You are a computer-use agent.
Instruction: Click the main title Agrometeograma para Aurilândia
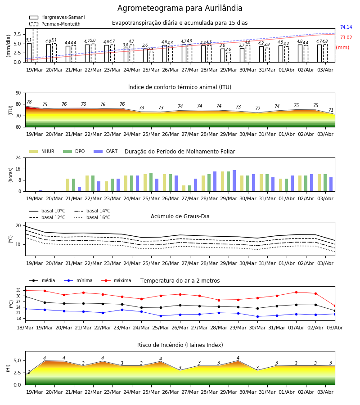[x=180, y=8]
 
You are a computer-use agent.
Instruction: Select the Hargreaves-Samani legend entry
[x=57, y=17]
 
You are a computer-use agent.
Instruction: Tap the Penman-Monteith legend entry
[x=55, y=24]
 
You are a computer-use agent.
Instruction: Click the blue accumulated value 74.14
[x=346, y=27]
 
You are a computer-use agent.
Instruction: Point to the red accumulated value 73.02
[x=346, y=37]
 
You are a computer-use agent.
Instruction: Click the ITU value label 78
[x=29, y=102]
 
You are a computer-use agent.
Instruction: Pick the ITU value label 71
[x=331, y=110]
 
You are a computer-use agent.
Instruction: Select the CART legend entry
[x=106, y=151]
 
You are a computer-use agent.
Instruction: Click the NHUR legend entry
[x=42, y=151]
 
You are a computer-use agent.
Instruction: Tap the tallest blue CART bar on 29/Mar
[x=234, y=181]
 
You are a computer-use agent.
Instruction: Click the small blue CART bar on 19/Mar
[x=41, y=191]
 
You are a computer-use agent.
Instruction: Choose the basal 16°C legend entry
[x=92, y=217]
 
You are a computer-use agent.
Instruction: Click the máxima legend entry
[x=116, y=280]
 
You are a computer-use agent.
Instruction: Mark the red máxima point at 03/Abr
[x=335, y=306]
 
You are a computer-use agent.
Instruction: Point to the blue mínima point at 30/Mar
[x=257, y=316]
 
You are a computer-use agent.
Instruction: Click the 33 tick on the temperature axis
[x=18, y=290]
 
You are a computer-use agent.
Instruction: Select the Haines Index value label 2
[x=29, y=372]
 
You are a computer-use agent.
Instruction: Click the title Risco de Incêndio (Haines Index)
[x=180, y=345]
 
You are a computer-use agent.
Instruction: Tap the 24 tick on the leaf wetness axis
[x=18, y=157]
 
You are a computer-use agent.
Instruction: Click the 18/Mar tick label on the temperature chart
[x=25, y=328]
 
